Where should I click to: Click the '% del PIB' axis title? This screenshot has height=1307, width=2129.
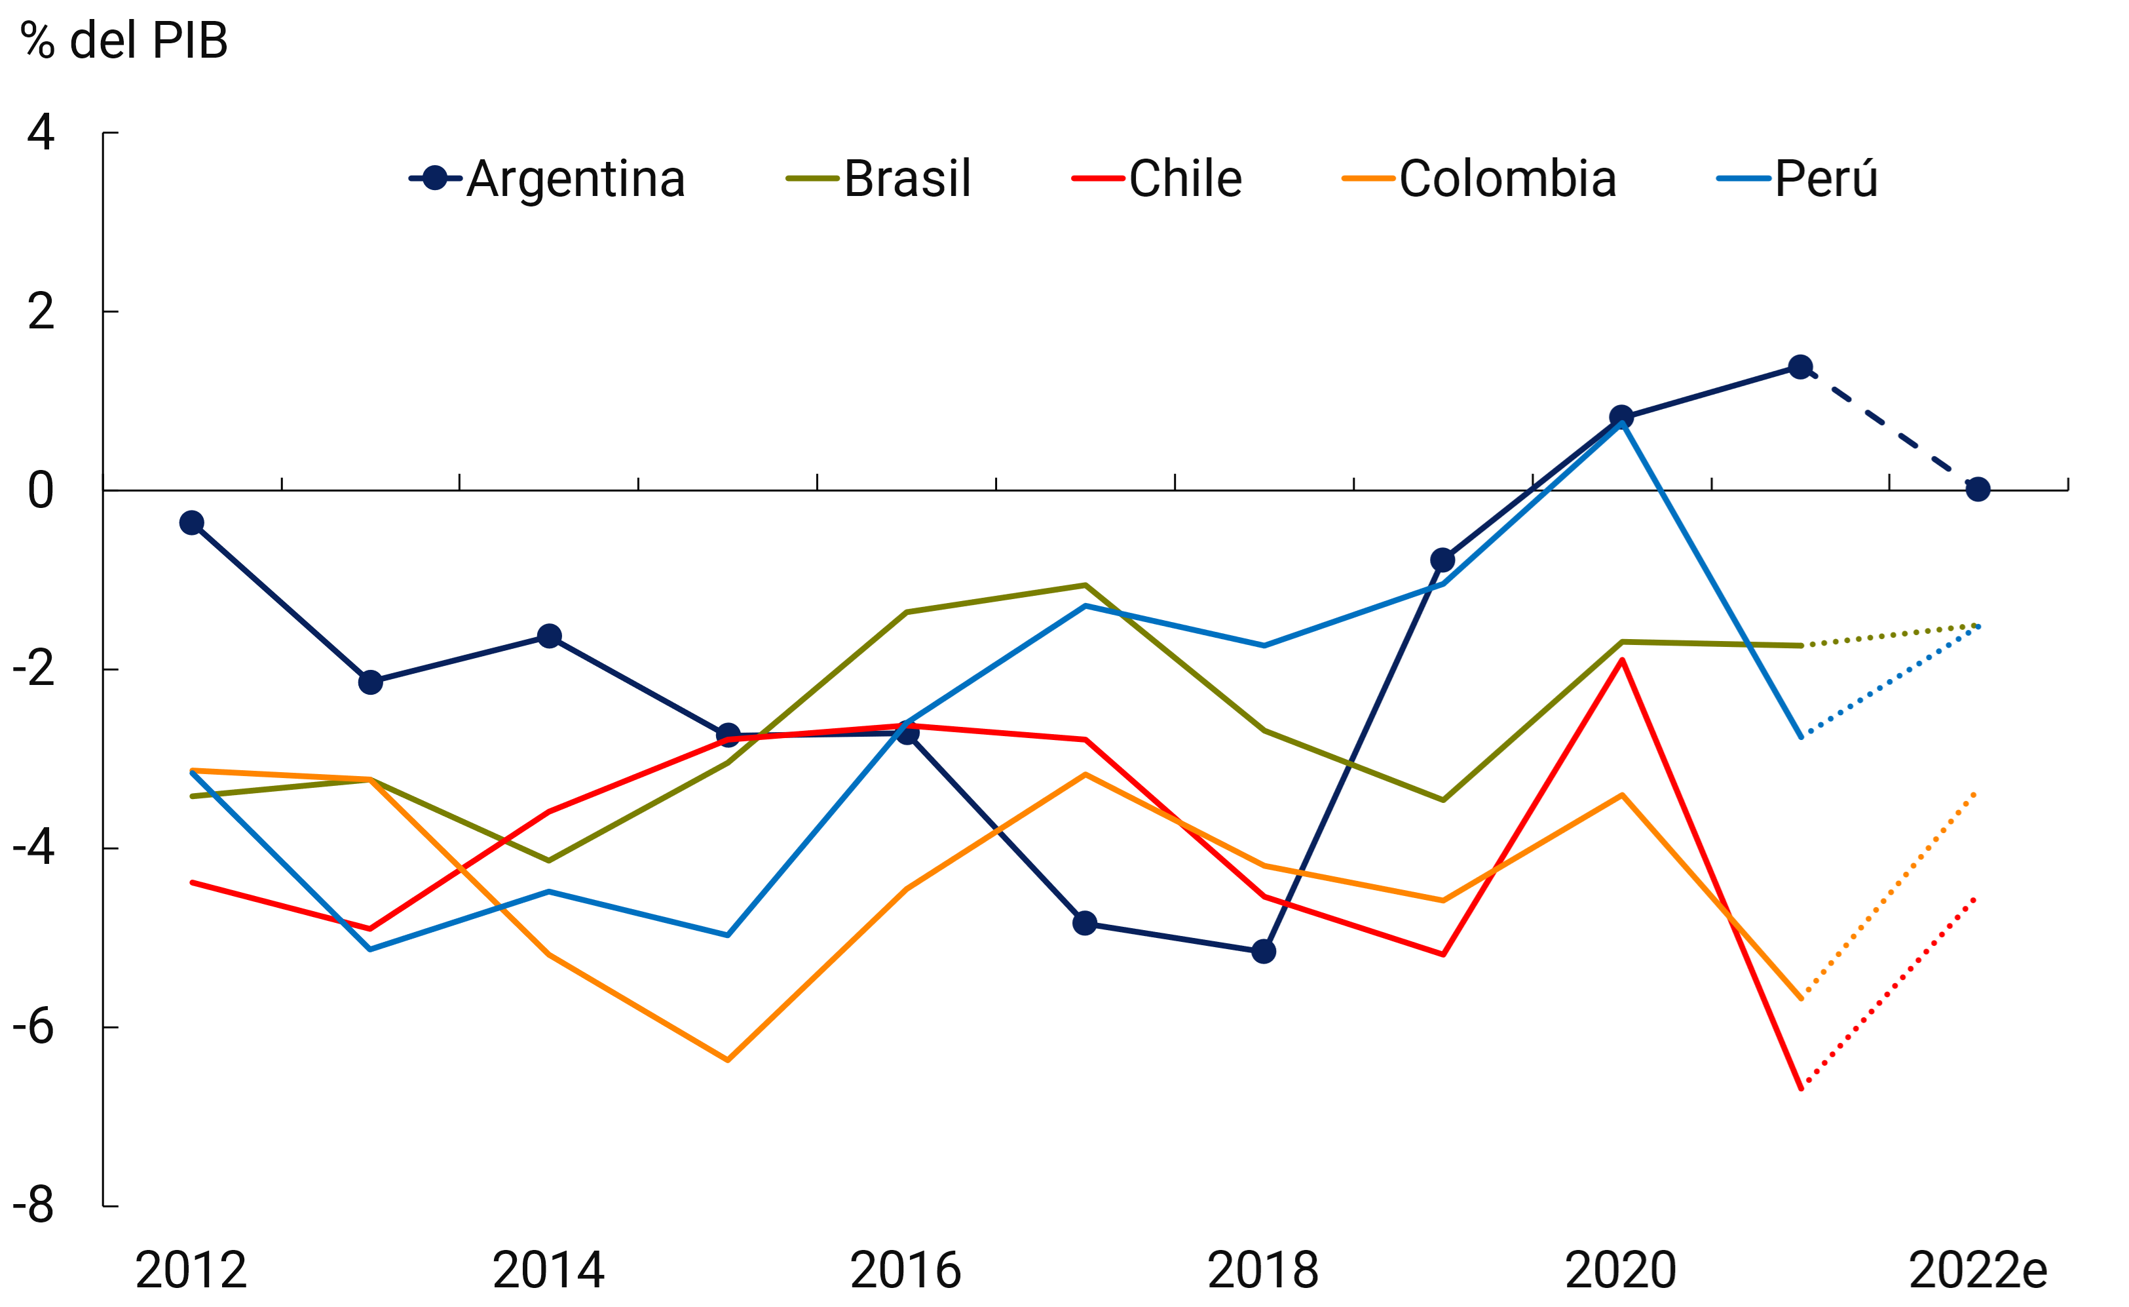click(x=124, y=41)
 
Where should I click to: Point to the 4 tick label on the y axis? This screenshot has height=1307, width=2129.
click(x=41, y=132)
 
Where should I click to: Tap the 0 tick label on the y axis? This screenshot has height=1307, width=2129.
click(x=41, y=490)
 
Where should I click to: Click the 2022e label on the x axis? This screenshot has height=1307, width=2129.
click(x=1977, y=1270)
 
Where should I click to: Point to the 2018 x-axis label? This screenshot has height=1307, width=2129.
click(x=1262, y=1270)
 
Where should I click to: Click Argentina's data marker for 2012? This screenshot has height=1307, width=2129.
click(x=192, y=522)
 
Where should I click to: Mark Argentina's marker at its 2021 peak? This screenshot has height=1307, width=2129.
click(x=1801, y=366)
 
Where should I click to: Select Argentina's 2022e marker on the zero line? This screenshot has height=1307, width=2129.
click(x=1978, y=489)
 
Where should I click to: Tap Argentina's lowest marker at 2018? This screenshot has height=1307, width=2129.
click(x=1263, y=952)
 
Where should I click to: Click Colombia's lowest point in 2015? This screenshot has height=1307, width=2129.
click(x=728, y=1060)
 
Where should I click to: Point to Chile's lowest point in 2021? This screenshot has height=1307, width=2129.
click(x=1801, y=1089)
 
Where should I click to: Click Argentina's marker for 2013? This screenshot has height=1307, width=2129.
click(x=370, y=682)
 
